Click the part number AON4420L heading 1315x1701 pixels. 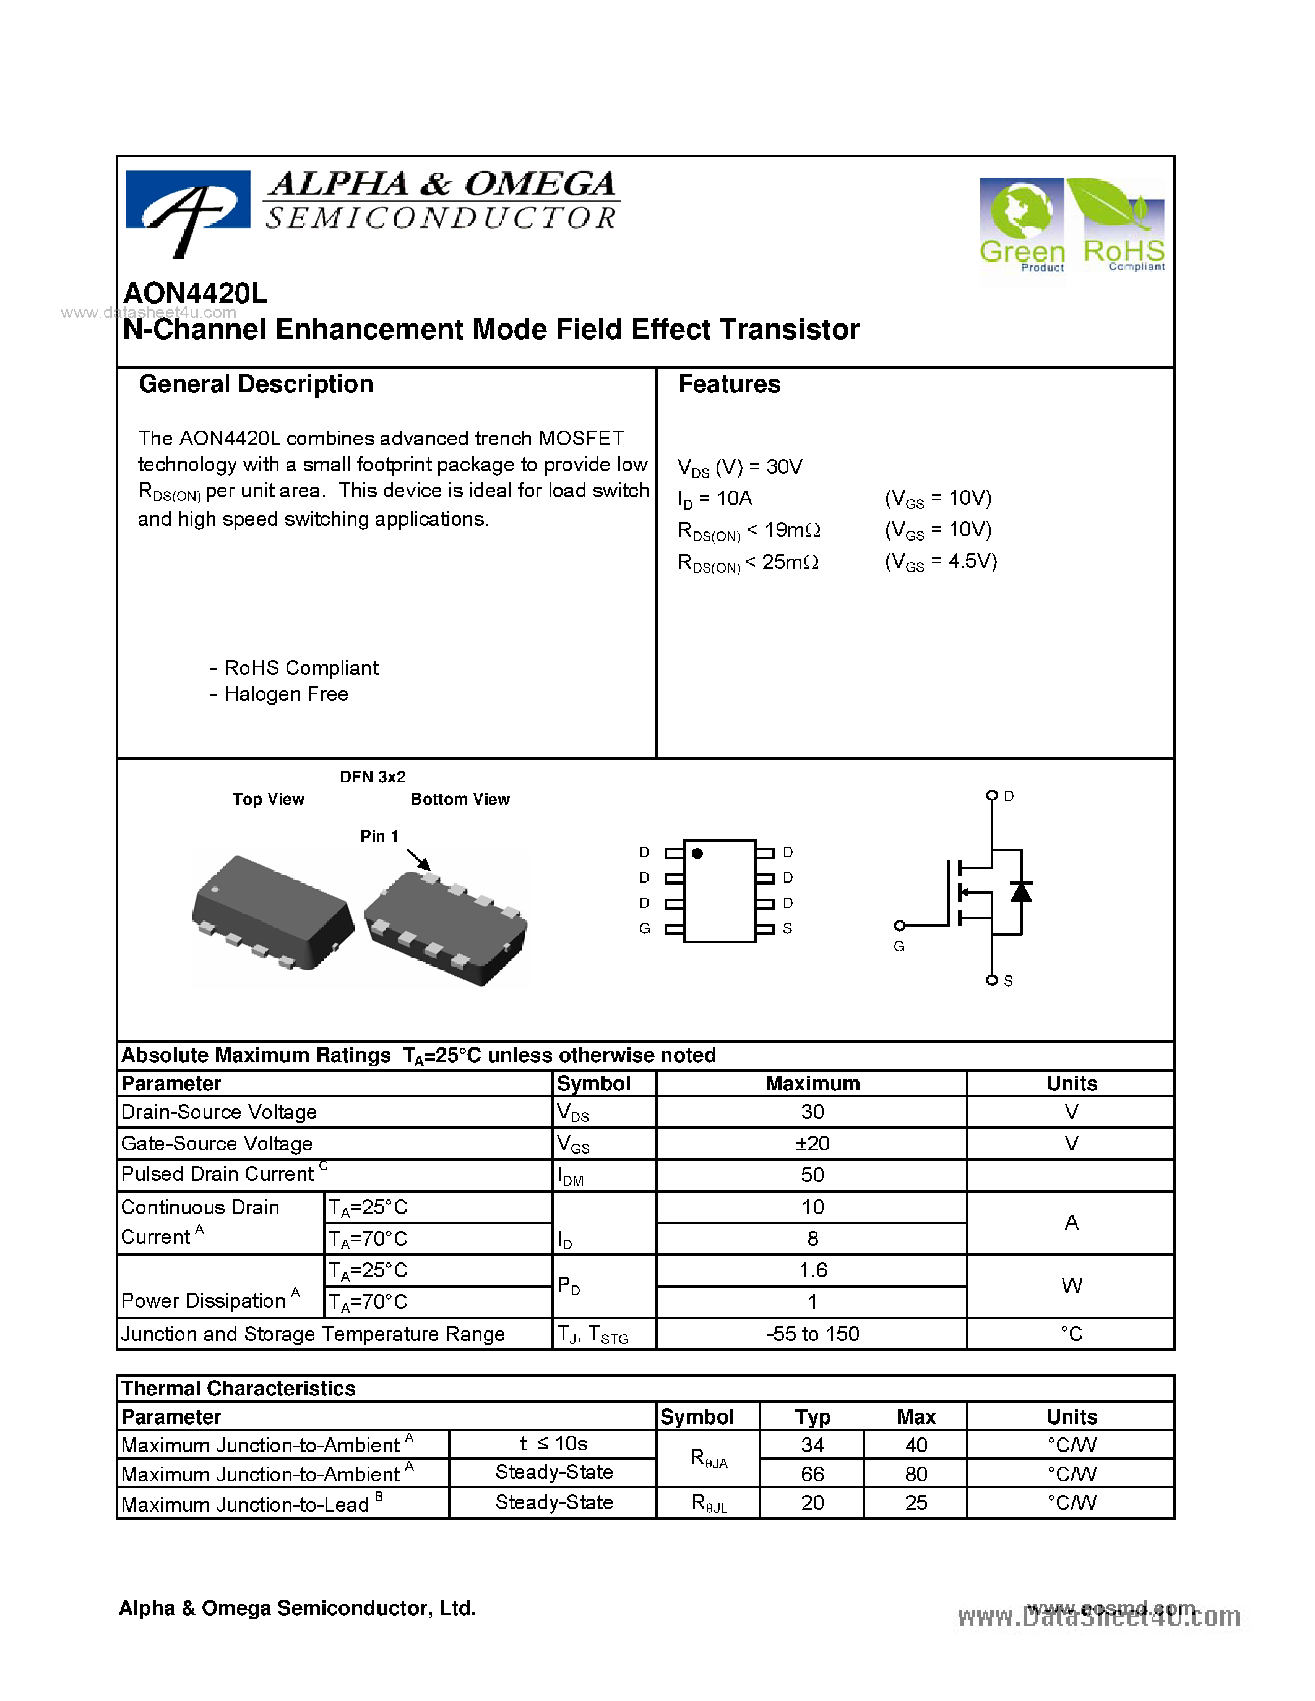point(196,294)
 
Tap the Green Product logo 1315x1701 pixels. point(1021,226)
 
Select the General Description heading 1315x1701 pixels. point(256,385)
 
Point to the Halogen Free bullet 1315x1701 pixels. point(285,694)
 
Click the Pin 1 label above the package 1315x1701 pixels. point(379,836)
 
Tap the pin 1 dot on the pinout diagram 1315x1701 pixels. point(697,854)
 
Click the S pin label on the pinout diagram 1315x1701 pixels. point(788,928)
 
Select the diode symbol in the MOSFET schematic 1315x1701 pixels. point(1020,892)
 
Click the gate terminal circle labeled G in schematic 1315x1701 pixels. point(900,925)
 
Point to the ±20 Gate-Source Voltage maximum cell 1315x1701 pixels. point(812,1143)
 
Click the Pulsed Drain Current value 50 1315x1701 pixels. point(812,1175)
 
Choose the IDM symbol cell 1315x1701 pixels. point(571,1176)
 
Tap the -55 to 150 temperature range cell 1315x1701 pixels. point(812,1334)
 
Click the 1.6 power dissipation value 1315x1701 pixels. point(812,1270)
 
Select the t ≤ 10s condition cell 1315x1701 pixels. point(553,1444)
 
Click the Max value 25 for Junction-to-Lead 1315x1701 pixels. point(915,1503)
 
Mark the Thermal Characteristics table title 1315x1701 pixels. point(238,1389)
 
